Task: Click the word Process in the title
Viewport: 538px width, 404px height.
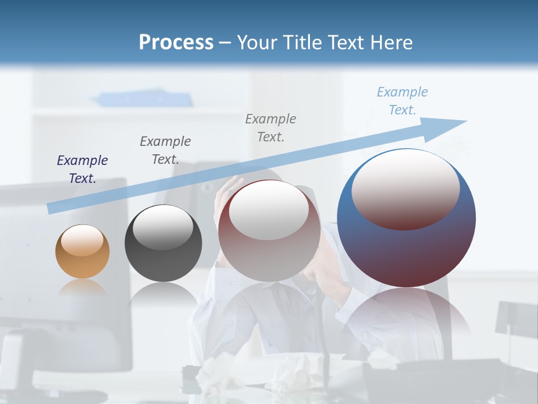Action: tap(176, 43)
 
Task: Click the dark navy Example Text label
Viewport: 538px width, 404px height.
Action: tap(82, 169)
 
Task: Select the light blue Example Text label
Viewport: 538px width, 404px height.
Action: tap(402, 101)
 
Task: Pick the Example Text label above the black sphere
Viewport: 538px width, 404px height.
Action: tap(165, 150)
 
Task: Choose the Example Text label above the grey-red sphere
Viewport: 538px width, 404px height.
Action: tap(271, 127)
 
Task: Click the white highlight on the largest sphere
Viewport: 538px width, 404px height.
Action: tap(405, 188)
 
